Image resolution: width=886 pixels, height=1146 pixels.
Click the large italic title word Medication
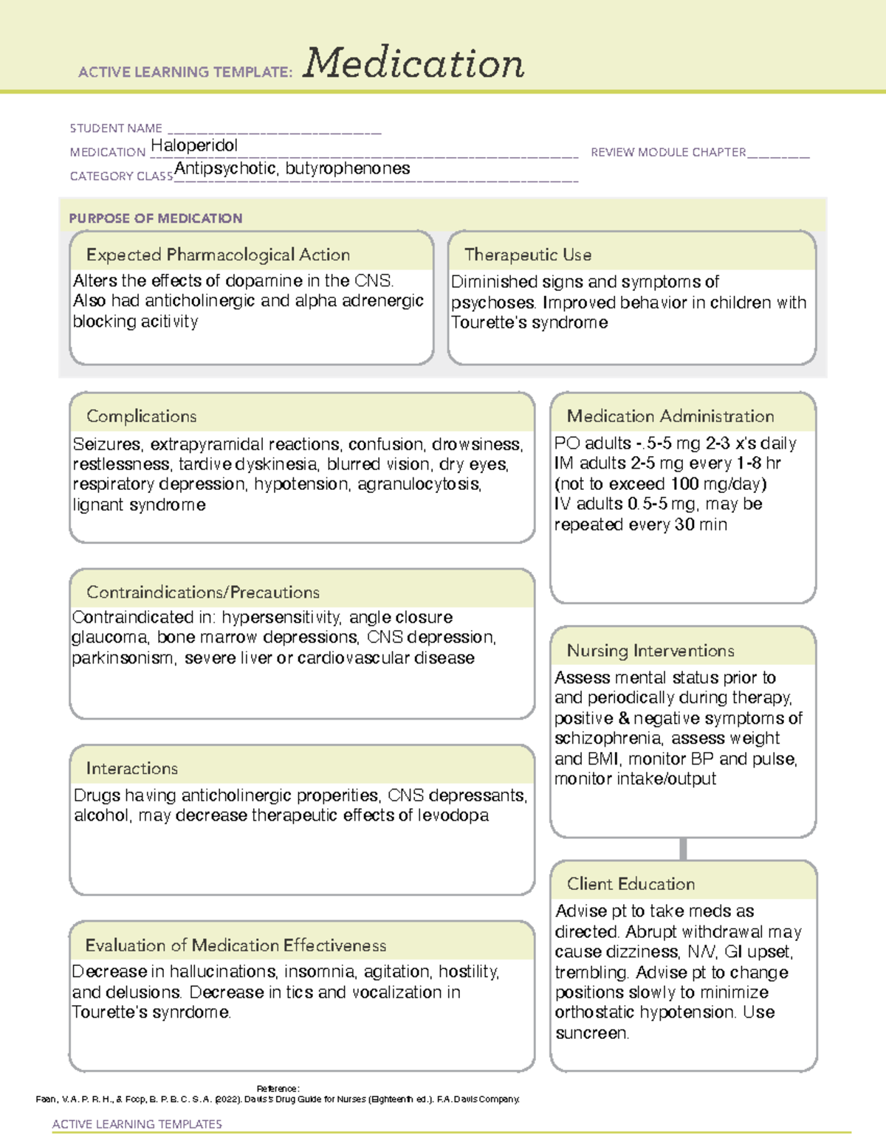pos(413,63)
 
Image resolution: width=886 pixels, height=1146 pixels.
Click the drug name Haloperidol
pos(194,145)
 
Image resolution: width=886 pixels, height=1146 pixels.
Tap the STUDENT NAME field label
pos(116,128)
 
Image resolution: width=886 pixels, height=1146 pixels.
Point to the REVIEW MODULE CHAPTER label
pos(668,152)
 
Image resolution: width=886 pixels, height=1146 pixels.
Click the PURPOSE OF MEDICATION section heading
pos(155,218)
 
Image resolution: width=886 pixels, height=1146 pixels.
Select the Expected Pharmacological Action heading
pos(218,255)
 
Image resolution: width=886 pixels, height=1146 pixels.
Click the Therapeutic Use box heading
pos(527,255)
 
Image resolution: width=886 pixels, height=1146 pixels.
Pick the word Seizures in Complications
pos(106,444)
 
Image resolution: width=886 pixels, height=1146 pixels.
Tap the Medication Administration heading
pos(670,416)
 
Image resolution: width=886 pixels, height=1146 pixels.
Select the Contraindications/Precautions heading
pos(202,592)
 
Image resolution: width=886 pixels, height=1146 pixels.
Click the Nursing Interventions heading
pos(650,650)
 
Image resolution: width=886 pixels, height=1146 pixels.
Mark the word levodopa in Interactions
pos(453,815)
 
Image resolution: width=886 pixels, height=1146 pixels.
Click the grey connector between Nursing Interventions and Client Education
pos(683,849)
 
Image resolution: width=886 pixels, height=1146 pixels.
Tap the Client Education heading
pos(631,883)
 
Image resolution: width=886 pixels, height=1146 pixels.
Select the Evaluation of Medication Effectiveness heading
pos(236,945)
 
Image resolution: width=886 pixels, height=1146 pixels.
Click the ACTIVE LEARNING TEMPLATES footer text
pos(137,1124)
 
